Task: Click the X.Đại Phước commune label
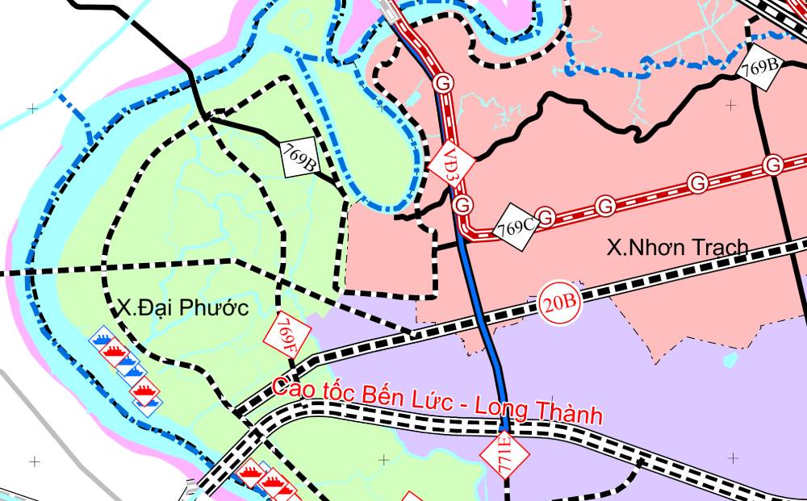(x=182, y=307)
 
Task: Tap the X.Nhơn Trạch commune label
(x=678, y=247)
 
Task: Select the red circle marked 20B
(x=560, y=303)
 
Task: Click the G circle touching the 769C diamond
(x=547, y=217)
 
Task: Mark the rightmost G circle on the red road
(x=773, y=165)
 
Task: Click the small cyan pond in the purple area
(x=731, y=360)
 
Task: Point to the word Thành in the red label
(x=574, y=415)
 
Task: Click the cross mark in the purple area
(x=732, y=458)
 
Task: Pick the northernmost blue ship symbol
(x=102, y=336)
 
